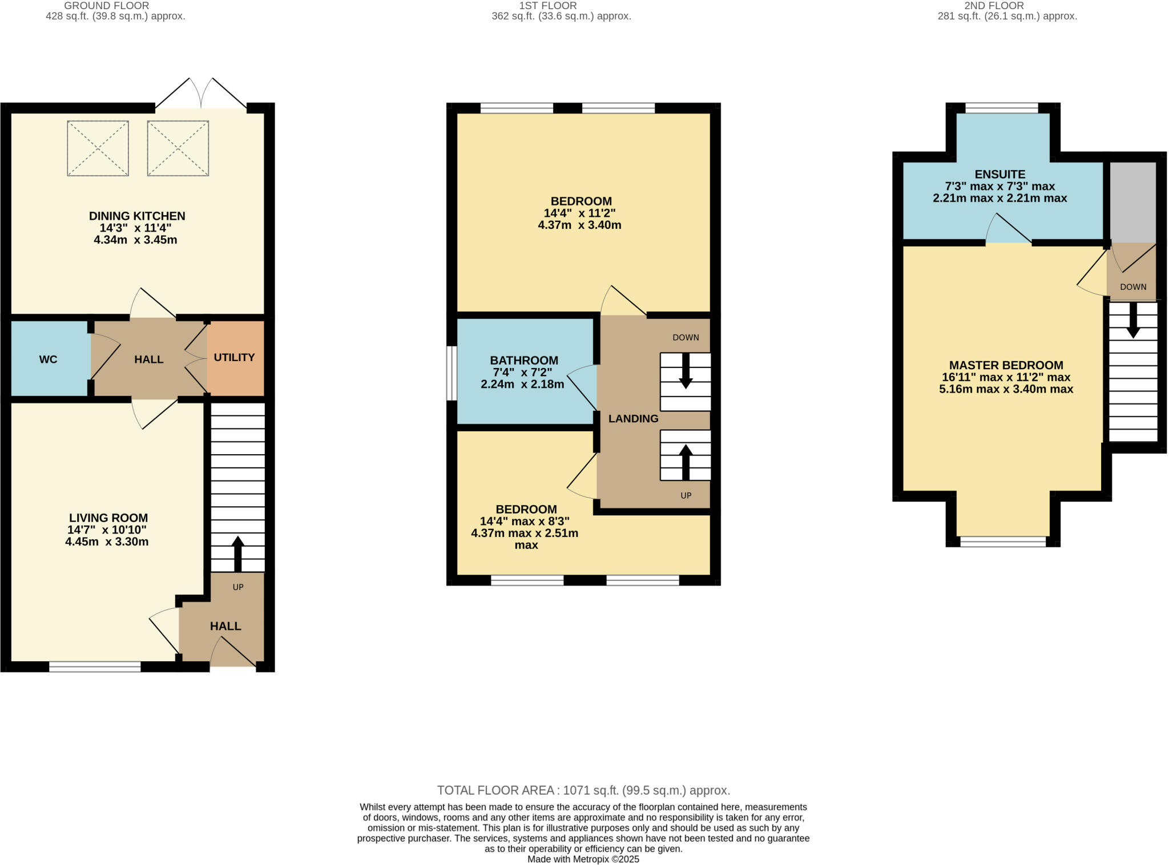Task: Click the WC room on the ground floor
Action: [49, 359]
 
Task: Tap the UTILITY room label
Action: [234, 358]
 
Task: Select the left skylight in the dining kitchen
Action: [98, 148]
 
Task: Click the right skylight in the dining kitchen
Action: [178, 148]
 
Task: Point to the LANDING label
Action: [633, 419]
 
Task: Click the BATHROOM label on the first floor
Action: [523, 361]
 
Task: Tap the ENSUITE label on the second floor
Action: [999, 175]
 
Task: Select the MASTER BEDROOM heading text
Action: [1006, 365]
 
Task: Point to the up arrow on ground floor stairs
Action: [238, 553]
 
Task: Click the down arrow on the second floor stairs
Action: [1133, 320]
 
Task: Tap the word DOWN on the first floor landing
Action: [686, 338]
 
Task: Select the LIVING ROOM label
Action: [108, 518]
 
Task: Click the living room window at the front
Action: [95, 666]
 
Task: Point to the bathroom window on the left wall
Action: [452, 373]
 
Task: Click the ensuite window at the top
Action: [1001, 108]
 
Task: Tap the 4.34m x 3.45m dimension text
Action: [135, 240]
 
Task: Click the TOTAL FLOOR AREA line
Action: [583, 790]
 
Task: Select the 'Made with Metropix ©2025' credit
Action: [583, 859]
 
